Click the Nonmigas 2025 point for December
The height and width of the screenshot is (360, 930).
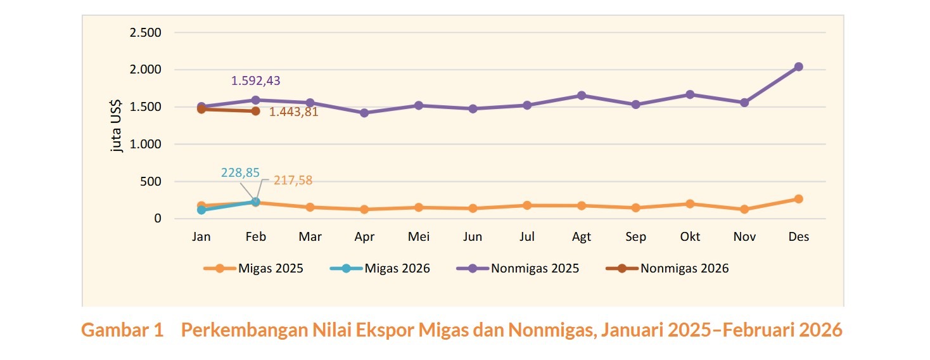(798, 67)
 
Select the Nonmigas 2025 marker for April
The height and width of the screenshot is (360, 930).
(364, 113)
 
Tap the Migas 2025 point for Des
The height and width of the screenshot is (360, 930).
(798, 199)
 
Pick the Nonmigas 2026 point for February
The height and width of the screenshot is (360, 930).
(255, 111)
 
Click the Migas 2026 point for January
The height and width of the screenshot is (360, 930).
(201, 210)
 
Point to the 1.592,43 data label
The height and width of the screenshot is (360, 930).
(255, 81)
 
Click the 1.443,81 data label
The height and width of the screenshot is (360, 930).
(293, 112)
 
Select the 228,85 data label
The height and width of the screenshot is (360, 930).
(240, 172)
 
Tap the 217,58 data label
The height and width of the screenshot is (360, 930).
(293, 181)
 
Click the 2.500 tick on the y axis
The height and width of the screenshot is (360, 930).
(146, 32)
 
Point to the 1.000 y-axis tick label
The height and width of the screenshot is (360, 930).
(146, 145)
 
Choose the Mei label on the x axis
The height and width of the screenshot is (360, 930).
(419, 237)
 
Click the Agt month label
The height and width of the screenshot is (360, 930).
(581, 237)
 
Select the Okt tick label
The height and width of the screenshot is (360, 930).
(690, 237)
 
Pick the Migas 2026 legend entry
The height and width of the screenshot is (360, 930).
(380, 268)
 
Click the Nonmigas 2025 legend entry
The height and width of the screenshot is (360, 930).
(518, 268)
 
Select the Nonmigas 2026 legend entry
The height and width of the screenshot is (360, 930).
(667, 268)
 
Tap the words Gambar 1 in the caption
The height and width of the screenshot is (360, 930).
(122, 330)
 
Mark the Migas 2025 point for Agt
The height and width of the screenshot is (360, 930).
(581, 205)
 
